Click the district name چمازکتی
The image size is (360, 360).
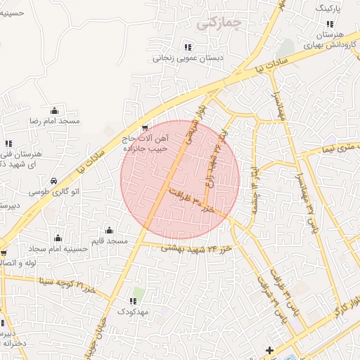220,22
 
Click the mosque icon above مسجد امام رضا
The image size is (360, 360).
55,110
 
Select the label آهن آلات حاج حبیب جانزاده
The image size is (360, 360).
145,144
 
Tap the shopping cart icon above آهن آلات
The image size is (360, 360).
145,128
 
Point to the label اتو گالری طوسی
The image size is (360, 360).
49,191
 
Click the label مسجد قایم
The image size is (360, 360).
109,241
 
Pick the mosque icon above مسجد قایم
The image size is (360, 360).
109,230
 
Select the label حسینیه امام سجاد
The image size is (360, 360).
58,249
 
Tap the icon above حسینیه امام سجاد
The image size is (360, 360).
58,238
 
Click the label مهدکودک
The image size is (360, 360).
133,311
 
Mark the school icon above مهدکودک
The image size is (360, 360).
133,300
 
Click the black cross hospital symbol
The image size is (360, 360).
269,350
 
